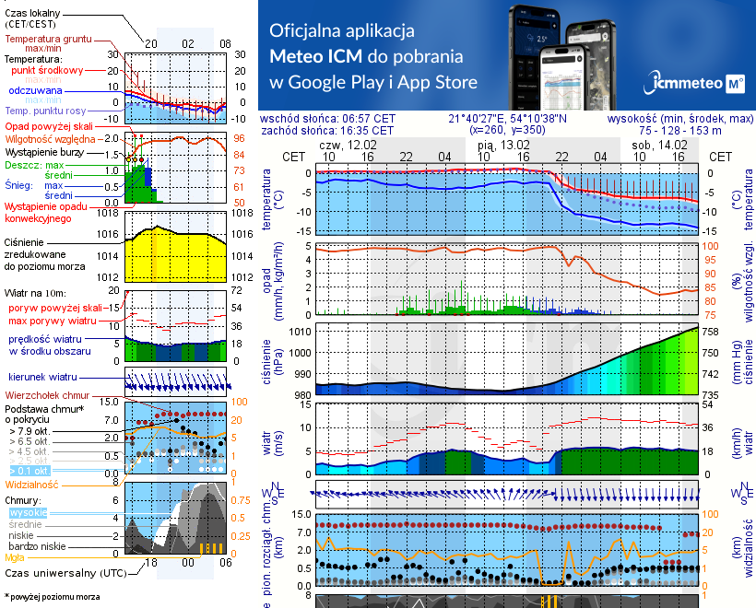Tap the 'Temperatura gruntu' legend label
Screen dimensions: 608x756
point(46,40)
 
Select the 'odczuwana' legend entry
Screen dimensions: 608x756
point(35,91)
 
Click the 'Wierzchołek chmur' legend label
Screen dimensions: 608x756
point(46,394)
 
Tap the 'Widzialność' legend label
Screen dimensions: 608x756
point(32,484)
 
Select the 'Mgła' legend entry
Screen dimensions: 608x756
point(15,557)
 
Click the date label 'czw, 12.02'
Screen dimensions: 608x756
point(348,146)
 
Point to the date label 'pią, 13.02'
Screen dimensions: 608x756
point(503,146)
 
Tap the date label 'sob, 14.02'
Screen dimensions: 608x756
point(658,146)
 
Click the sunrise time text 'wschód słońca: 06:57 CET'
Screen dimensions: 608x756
point(327,119)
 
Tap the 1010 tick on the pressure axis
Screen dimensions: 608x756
point(298,331)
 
